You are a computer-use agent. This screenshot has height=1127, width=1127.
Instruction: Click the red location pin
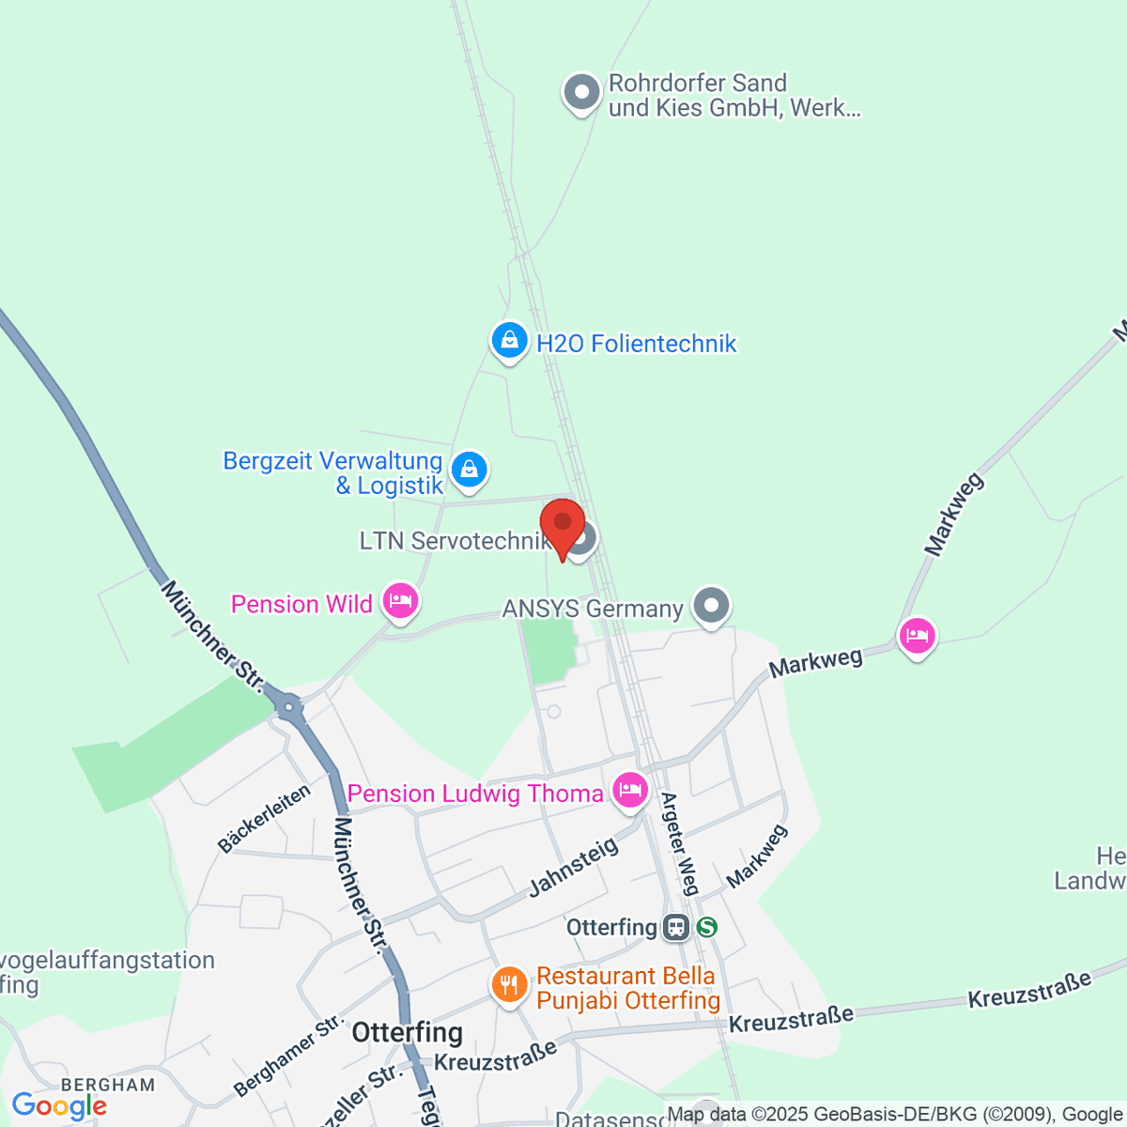[x=563, y=526]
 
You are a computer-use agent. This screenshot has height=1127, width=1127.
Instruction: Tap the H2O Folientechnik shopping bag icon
[x=509, y=340]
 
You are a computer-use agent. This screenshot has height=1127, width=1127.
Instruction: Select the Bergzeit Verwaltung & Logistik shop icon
[x=469, y=469]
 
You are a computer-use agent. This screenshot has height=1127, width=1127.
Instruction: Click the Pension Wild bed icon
[x=401, y=601]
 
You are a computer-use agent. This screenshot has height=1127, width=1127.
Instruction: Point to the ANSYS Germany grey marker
[x=711, y=606]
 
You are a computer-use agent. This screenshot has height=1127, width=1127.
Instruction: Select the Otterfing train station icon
[x=675, y=928]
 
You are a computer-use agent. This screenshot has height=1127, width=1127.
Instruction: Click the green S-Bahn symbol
[x=706, y=928]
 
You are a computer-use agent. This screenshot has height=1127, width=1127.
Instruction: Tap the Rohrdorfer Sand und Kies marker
[x=581, y=93]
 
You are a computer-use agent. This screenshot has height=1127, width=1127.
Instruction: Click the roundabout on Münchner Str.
[x=289, y=706]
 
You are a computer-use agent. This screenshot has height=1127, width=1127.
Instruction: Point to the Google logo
[x=59, y=1106]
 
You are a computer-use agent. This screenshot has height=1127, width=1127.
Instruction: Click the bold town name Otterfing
[x=408, y=1033]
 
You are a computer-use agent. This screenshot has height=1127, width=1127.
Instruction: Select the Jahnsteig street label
[x=574, y=866]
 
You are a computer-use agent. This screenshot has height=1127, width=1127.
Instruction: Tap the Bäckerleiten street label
[x=264, y=819]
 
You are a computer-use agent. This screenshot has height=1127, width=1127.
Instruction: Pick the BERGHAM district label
[x=108, y=1085]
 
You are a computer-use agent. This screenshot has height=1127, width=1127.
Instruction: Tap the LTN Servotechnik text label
[x=454, y=541]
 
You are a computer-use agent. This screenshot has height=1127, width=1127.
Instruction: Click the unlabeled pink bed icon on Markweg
[x=917, y=636]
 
